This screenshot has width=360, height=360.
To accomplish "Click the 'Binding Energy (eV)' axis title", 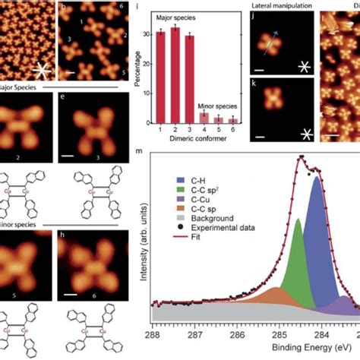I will tap(283, 350).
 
